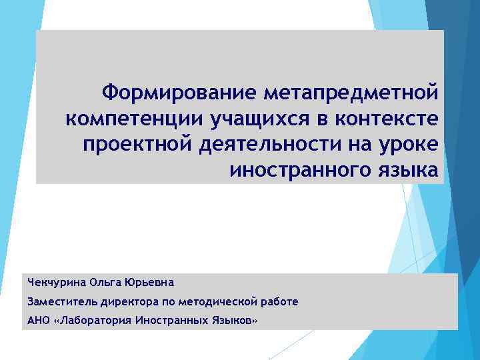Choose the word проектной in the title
137,144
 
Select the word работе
279,301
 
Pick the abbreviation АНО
38,321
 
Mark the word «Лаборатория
93,321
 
